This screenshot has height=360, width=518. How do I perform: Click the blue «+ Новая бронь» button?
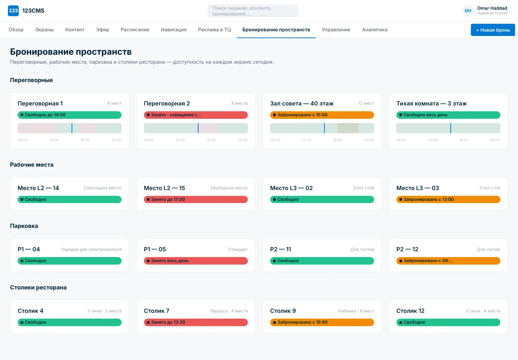click(492, 30)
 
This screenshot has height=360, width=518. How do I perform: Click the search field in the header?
click(253, 11)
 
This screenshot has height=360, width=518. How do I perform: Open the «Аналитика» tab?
click(375, 29)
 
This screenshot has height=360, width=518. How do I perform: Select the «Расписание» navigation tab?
click(135, 29)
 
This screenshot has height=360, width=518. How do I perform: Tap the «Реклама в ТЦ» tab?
click(214, 29)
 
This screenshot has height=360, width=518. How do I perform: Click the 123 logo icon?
click(13, 11)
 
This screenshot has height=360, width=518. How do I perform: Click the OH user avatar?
click(467, 11)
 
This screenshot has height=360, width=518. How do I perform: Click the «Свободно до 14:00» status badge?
click(69, 115)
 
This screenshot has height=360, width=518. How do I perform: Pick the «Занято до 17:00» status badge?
click(196, 199)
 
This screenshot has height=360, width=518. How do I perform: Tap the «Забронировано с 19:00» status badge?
click(322, 322)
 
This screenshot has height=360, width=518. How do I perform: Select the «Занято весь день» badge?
click(196, 261)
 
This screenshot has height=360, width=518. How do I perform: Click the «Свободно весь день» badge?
click(448, 115)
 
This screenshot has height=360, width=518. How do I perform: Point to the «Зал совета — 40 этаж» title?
click(302, 103)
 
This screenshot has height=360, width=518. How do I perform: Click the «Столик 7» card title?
click(157, 311)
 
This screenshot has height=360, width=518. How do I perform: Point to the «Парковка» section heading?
click(24, 226)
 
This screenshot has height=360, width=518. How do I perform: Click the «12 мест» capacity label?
click(366, 103)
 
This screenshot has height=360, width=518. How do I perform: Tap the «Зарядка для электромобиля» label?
click(91, 249)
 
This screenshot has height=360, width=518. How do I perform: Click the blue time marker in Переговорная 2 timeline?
click(198, 128)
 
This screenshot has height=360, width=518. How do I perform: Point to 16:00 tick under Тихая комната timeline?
click(464, 140)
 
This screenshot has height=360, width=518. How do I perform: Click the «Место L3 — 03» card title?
click(418, 188)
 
